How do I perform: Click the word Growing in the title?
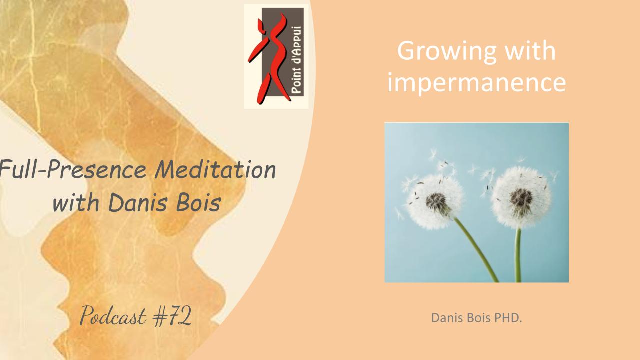[447, 51]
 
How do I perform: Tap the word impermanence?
[476, 82]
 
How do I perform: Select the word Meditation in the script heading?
[215, 170]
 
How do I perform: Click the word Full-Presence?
[73, 170]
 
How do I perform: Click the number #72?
[172, 316]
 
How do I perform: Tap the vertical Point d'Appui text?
[297, 60]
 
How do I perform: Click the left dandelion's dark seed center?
[437, 202]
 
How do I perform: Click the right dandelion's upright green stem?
[518, 255]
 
